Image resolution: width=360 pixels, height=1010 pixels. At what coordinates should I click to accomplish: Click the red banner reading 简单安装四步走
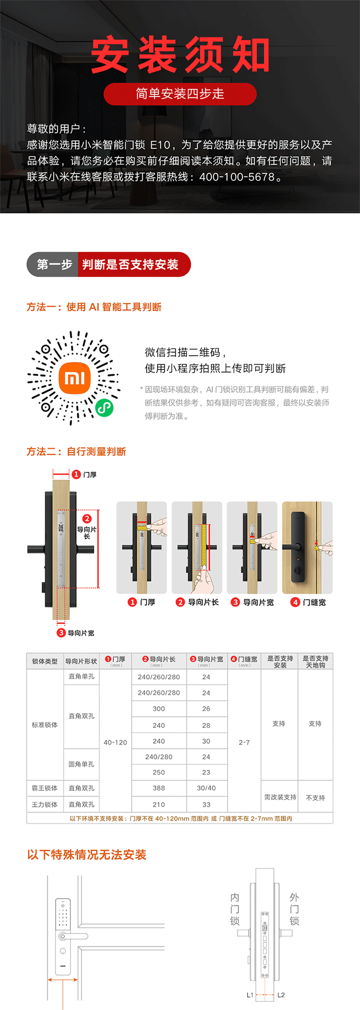point(180,94)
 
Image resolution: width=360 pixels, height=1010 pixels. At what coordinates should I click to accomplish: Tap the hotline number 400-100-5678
point(237,177)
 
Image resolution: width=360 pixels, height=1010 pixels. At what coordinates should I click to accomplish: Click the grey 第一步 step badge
point(52,264)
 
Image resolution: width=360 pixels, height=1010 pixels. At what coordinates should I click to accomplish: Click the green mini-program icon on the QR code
point(104,408)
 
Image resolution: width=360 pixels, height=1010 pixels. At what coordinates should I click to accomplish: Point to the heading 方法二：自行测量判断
point(76,452)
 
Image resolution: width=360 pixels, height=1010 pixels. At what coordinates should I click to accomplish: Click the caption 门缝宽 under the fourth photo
point(314,602)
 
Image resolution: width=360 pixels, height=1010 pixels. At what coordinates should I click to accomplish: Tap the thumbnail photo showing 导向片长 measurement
point(197,547)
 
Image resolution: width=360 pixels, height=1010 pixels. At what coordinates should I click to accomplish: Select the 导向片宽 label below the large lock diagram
point(81,633)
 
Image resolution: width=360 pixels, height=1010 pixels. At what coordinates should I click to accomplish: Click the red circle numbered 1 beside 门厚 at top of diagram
point(76,475)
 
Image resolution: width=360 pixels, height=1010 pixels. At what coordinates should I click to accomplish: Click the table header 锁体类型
point(45,661)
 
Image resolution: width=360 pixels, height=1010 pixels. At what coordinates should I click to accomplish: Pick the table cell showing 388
point(159,788)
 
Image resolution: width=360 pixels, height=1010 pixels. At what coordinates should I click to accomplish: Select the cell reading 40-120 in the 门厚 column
point(115,742)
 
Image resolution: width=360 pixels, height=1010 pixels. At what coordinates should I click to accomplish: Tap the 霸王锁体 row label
point(45,788)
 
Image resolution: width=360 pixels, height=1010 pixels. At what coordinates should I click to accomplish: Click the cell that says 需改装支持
point(280,797)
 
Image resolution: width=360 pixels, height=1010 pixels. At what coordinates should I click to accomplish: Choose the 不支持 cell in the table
point(315,797)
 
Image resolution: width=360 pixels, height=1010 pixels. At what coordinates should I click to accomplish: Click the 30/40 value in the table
point(206,788)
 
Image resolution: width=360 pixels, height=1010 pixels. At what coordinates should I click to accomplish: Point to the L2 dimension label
point(281,995)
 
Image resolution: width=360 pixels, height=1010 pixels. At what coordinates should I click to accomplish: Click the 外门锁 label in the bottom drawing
point(294,909)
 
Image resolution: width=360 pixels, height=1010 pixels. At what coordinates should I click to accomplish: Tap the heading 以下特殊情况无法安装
point(87,855)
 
